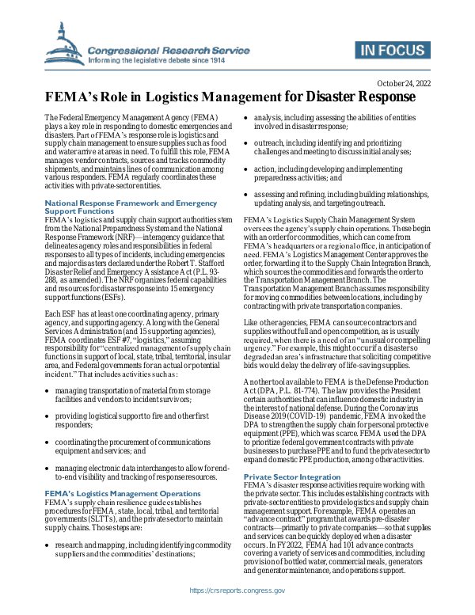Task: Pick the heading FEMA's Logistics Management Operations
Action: tap(116, 493)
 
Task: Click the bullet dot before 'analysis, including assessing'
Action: tap(245, 118)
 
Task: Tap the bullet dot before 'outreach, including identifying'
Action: tap(245, 143)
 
